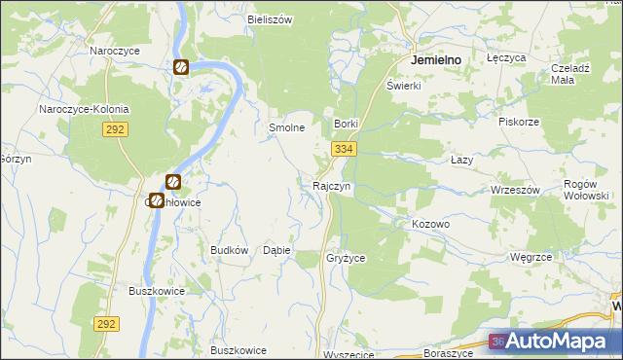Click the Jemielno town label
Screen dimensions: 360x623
point(436,59)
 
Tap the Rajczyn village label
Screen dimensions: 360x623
point(331,185)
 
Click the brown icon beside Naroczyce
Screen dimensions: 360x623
point(181,67)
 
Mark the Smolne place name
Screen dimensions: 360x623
point(287,127)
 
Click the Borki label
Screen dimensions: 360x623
point(347,125)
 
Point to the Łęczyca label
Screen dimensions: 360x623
point(506,58)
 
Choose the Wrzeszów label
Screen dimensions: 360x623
point(515,190)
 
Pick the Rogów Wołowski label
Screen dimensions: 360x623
point(587,189)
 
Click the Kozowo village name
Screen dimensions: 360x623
point(430,224)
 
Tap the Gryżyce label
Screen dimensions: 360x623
point(346,258)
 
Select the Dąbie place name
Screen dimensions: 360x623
point(276,250)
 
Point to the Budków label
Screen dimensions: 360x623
point(230,250)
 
